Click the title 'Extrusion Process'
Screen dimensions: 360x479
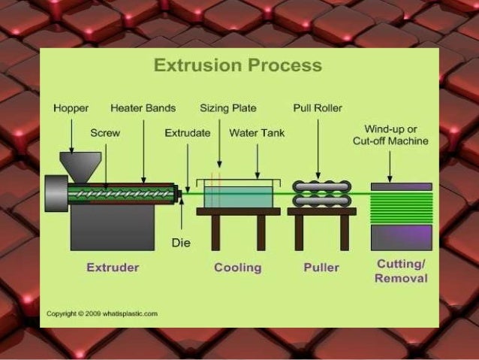click(x=237, y=65)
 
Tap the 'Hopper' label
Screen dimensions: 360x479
click(x=71, y=108)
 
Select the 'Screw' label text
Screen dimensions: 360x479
click(x=105, y=133)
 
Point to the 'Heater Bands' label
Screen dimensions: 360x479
click(x=143, y=108)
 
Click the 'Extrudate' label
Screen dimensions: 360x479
click(x=187, y=133)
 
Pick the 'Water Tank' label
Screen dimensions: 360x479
click(x=255, y=133)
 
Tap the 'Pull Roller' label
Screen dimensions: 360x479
click(x=317, y=108)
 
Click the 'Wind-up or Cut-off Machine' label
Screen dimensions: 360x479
click(x=390, y=135)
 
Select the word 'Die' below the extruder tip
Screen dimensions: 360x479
click(x=181, y=243)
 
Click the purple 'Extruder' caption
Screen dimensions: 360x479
click(x=113, y=268)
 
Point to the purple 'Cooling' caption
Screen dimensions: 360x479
click(x=237, y=268)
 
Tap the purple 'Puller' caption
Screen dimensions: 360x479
click(x=321, y=268)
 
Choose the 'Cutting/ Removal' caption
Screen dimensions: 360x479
click(x=401, y=271)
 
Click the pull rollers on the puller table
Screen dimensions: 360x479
click(x=322, y=193)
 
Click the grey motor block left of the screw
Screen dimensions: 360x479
click(x=56, y=194)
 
